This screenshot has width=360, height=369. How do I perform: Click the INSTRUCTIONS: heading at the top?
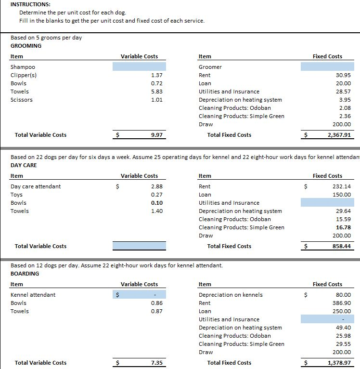click(x=30, y=4)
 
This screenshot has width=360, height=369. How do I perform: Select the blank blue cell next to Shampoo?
click(x=139, y=67)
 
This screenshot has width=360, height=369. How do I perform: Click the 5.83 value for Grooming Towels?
click(x=156, y=92)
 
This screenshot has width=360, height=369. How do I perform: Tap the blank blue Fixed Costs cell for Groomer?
click(x=327, y=67)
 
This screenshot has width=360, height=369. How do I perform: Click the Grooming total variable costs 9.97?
click(x=156, y=135)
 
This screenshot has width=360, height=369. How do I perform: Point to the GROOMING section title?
click(x=26, y=46)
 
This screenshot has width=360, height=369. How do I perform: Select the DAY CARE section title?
click(x=24, y=165)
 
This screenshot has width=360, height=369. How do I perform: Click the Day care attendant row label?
click(x=36, y=186)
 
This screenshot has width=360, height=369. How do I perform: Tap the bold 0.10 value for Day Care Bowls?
click(x=156, y=203)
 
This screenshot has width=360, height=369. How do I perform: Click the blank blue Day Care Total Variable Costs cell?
click(x=139, y=246)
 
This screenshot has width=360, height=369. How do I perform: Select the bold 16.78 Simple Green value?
click(x=343, y=227)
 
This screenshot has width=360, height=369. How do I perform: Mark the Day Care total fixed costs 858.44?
click(x=341, y=246)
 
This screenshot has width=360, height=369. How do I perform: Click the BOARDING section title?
click(x=25, y=274)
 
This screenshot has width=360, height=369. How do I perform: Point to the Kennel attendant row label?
click(x=33, y=295)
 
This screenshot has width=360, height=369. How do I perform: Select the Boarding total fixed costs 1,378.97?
click(x=339, y=363)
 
